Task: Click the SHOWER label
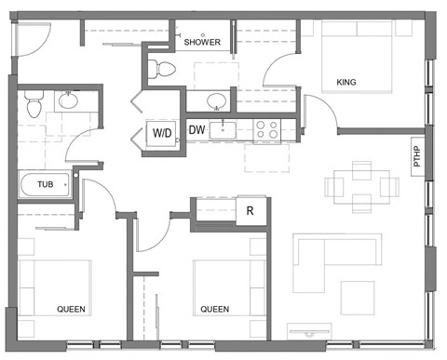point(202,43)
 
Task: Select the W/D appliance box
point(162,133)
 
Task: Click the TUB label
point(45,185)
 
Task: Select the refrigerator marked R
point(250,211)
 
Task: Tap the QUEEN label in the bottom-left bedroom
point(72,308)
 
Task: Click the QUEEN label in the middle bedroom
point(214,308)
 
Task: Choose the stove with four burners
point(268,130)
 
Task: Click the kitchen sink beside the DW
point(223,130)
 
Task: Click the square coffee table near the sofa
point(357,296)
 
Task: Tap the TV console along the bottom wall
point(309,329)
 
